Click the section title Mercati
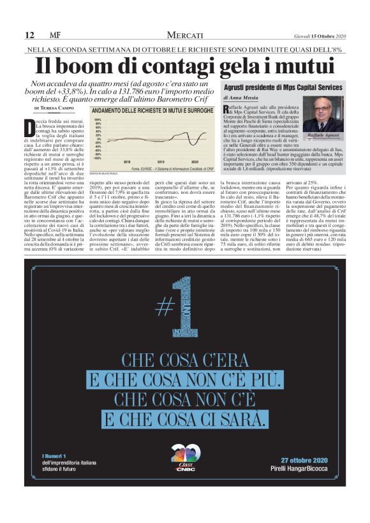(x=186, y=35)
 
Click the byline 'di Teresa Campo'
(x=57, y=108)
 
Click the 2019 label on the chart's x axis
(x=159, y=161)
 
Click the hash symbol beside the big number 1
(x=165, y=308)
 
